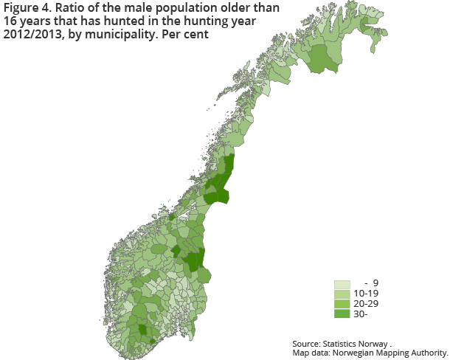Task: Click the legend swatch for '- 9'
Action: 342,284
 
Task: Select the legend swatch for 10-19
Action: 342,294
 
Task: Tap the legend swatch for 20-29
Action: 342,304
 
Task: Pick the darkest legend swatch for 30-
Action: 342,314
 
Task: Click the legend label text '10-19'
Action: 367,294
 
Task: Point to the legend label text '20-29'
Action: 367,304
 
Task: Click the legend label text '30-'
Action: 361,314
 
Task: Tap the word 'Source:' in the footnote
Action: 306,344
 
